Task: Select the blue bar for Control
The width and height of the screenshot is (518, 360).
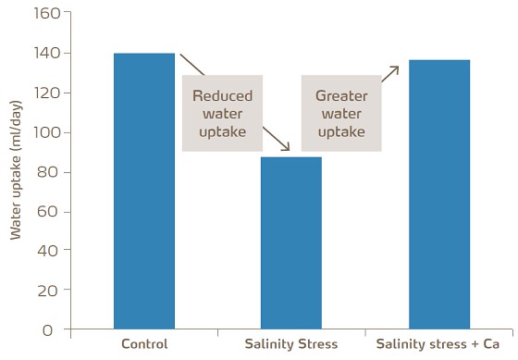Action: [143, 191]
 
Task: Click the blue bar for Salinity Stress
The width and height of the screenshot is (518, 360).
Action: [290, 242]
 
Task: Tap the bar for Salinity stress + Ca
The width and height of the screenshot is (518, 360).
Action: [438, 194]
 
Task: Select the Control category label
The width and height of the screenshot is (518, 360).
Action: [144, 344]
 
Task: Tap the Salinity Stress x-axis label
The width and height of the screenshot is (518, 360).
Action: [290, 344]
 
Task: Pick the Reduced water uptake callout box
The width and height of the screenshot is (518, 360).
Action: [222, 113]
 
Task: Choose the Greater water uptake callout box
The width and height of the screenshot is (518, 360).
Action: [341, 113]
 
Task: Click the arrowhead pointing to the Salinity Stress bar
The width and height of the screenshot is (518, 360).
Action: [287, 149]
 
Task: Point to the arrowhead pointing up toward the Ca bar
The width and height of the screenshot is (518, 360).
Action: [397, 68]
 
